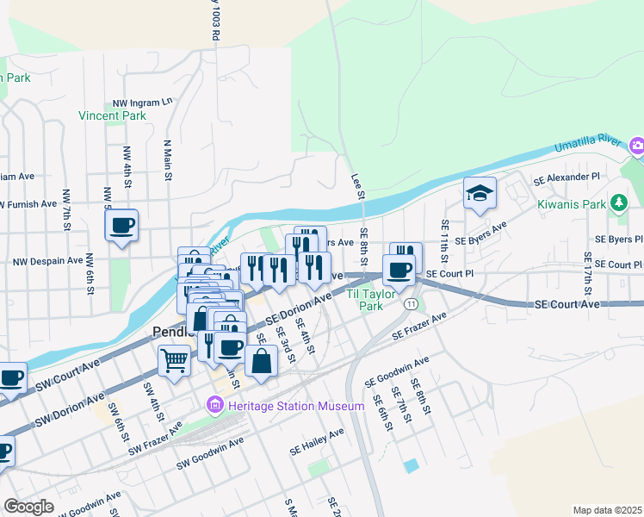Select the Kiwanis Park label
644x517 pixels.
coord(572,204)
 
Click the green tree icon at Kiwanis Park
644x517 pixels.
coord(618,203)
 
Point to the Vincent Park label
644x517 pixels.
coord(112,115)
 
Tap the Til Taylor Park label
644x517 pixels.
coord(370,300)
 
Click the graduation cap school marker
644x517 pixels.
coord(480,195)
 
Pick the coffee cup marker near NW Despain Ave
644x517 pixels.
coord(121,227)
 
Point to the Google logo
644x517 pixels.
coord(28,506)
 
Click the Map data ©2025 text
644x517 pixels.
coord(607,510)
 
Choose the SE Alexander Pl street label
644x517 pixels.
coord(566,178)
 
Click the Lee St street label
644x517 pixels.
coord(356,186)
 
